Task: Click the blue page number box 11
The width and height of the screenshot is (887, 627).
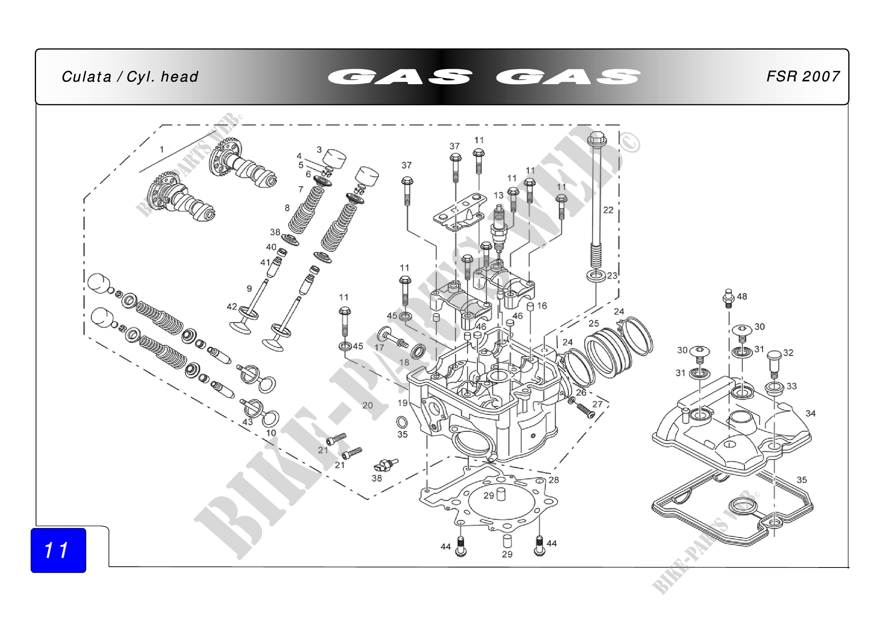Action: click(x=58, y=550)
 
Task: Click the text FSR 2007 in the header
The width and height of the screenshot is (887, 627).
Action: click(x=803, y=77)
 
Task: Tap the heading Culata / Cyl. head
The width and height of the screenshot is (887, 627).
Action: click(x=130, y=77)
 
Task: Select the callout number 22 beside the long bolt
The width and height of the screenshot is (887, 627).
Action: click(x=608, y=210)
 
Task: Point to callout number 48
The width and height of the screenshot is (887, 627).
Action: click(x=742, y=296)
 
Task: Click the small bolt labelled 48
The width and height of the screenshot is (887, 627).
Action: click(x=728, y=298)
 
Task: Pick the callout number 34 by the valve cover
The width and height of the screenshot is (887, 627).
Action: click(x=810, y=414)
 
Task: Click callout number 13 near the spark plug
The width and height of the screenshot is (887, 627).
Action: click(x=499, y=195)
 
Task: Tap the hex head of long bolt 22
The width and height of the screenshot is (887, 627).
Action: click(x=597, y=139)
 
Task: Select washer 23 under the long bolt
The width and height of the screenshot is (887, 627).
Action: click(x=596, y=276)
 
